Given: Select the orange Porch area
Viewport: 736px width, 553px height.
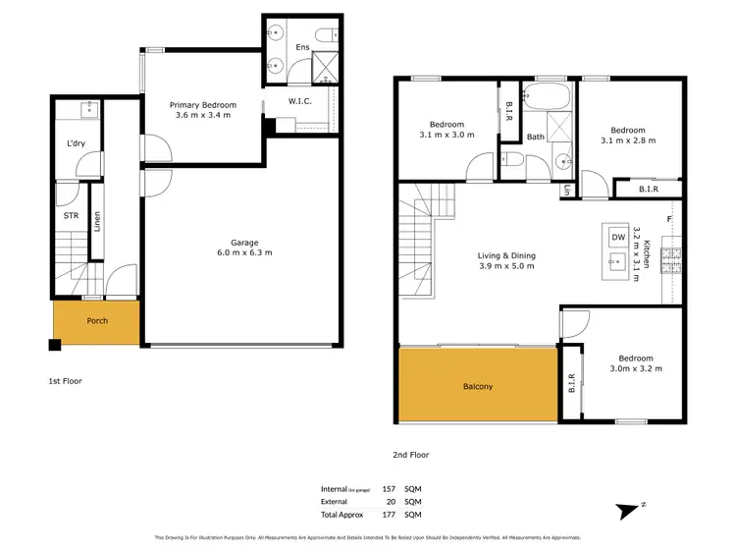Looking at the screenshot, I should [96, 322].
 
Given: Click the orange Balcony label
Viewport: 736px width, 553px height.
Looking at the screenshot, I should [478, 386].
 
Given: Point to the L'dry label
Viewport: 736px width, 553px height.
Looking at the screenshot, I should [76, 143].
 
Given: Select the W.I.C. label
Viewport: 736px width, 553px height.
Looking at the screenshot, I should [300, 101].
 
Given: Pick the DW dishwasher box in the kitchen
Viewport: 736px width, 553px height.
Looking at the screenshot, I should [618, 237].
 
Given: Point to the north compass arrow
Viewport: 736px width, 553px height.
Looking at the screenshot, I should [627, 511].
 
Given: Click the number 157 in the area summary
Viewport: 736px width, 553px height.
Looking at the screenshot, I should [388, 488].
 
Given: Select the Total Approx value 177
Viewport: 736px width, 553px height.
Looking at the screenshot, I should [388, 513].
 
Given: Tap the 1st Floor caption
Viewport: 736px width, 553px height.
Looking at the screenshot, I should [66, 379].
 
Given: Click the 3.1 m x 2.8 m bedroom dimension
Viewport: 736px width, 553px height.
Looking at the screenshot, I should [627, 140].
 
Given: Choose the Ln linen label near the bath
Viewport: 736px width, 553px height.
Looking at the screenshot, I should [567, 191].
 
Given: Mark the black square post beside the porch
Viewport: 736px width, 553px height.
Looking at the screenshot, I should [55, 345].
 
